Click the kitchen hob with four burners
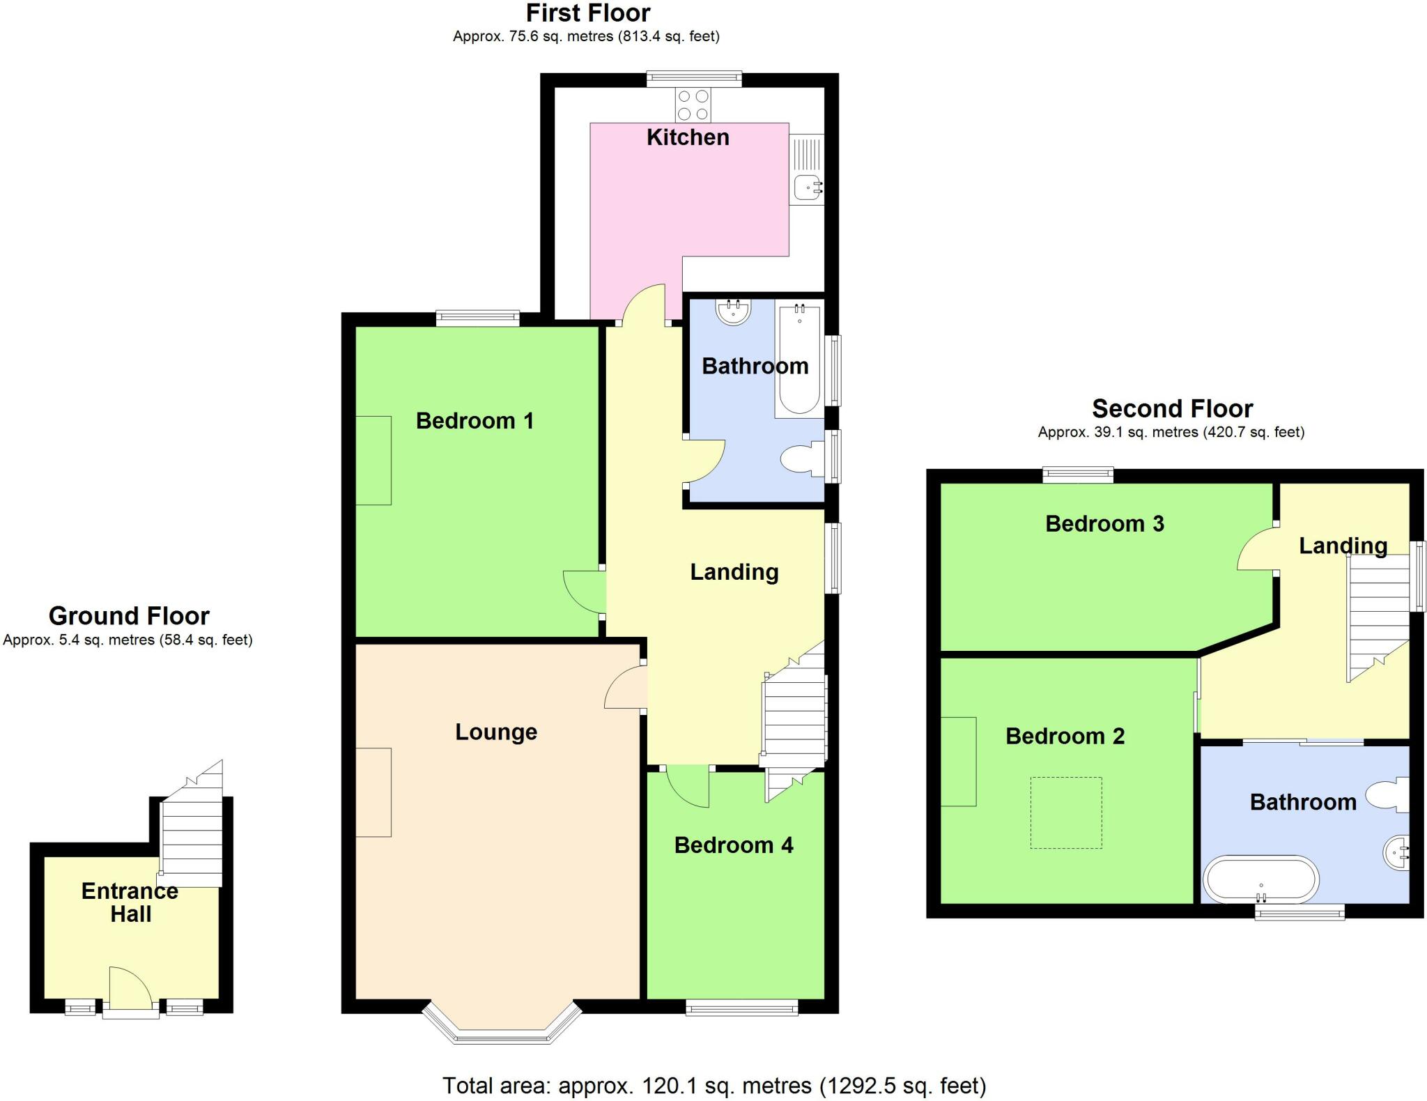coord(693,105)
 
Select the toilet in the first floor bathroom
coord(799,460)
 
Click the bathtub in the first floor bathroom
coord(799,360)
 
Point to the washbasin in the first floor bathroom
coord(733,311)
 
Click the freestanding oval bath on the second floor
coord(1261,879)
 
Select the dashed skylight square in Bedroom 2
coord(1066,813)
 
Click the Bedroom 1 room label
coord(475,421)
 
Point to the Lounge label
coord(496,732)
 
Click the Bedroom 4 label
coord(734,845)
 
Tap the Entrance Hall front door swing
coord(130,987)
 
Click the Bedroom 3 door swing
coord(1257,550)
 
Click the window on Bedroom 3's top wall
coord(1078,475)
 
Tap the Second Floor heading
coord(1172,408)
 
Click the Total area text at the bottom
coord(714,1086)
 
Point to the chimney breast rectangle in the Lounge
coord(373,792)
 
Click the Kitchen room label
coord(688,137)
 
